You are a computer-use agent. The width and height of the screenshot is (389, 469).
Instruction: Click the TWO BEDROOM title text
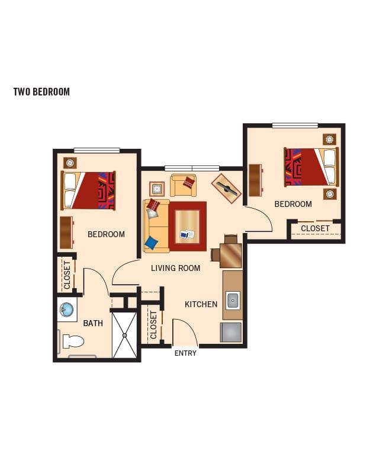tap(41, 91)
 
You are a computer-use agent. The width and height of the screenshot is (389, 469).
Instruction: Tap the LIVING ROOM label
tap(175, 268)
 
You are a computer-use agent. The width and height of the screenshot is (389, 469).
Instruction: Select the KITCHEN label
tap(201, 305)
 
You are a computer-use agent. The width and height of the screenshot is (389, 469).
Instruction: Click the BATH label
tap(93, 323)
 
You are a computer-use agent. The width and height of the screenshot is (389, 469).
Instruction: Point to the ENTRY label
tap(185, 353)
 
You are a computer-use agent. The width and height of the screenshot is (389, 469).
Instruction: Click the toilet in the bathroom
tap(73, 342)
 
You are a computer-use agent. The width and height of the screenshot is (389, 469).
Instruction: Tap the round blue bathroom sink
tap(67, 310)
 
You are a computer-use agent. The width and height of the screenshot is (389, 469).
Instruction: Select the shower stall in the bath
tap(124, 335)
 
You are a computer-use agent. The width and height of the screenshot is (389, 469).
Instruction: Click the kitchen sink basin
tap(233, 301)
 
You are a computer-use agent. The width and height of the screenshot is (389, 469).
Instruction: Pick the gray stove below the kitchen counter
tap(231, 332)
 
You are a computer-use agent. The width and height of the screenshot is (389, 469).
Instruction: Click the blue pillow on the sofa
tap(152, 243)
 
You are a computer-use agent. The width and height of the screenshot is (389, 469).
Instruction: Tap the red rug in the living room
tap(187, 226)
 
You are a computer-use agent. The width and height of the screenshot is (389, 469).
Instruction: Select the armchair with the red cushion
tap(183, 185)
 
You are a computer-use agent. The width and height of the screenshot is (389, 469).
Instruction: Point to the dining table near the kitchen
tap(230, 255)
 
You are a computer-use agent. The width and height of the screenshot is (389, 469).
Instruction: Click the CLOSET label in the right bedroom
tap(315, 228)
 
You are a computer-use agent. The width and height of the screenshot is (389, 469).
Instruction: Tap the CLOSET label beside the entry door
tap(153, 325)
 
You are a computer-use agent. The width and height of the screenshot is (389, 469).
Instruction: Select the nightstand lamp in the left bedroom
tap(70, 163)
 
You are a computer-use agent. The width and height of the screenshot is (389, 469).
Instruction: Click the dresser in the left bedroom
tap(67, 232)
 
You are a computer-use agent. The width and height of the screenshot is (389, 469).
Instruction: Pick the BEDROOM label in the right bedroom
tap(293, 205)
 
